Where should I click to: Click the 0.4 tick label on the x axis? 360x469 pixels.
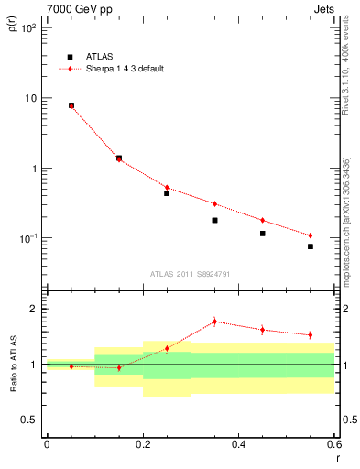[x=239, y=444]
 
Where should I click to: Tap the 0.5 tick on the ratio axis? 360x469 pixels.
[x=30, y=420]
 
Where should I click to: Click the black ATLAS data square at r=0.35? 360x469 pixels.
[x=214, y=220]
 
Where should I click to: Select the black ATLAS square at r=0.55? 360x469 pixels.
[x=311, y=246]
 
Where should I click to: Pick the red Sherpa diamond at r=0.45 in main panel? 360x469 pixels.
[x=262, y=220]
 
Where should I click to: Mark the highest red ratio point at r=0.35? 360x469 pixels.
[x=214, y=322]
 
